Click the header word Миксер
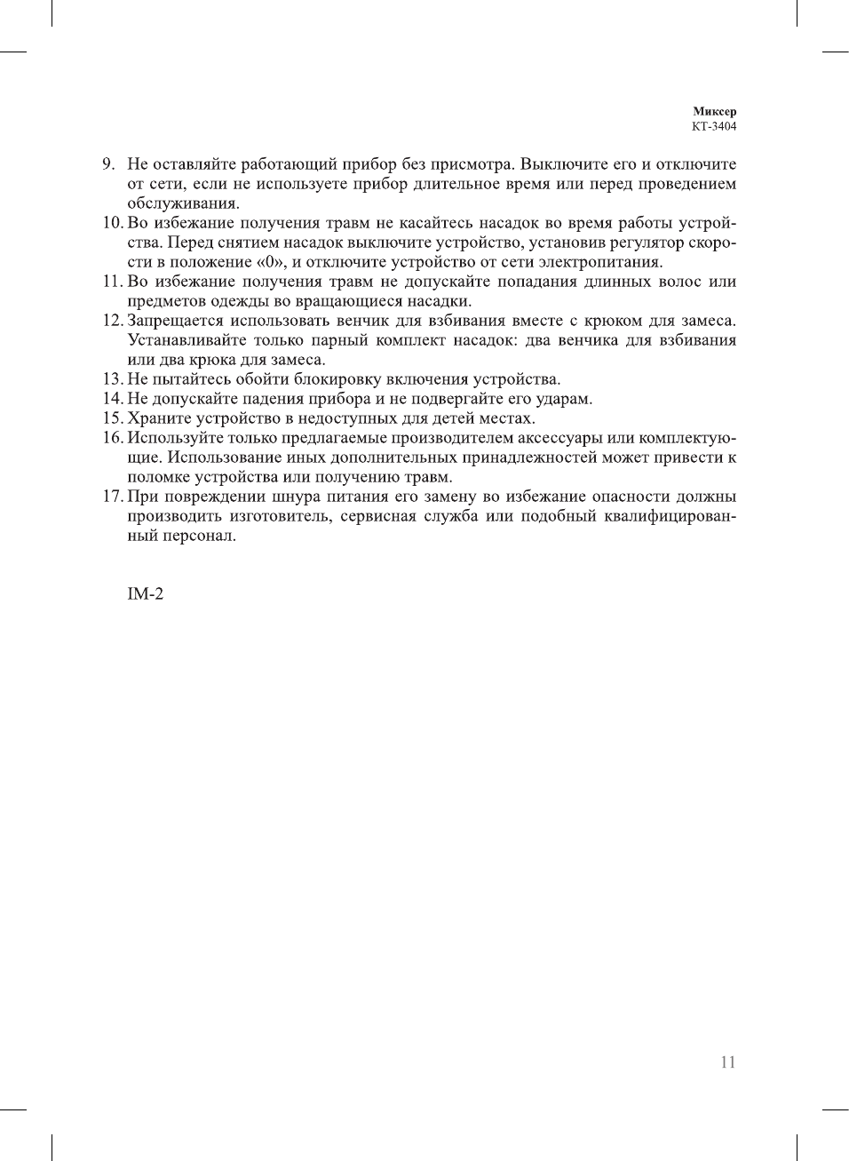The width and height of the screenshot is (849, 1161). (x=714, y=111)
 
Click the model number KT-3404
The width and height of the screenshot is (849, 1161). (x=714, y=126)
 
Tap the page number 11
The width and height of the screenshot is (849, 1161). (x=728, y=1062)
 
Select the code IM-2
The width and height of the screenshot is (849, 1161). (x=146, y=594)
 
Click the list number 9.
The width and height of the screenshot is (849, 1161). (x=108, y=164)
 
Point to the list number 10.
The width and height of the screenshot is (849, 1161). (x=112, y=223)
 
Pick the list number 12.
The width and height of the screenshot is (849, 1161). (x=112, y=321)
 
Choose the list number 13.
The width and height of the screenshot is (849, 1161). (x=112, y=379)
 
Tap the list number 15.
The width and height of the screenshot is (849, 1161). (x=112, y=418)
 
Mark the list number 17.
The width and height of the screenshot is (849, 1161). (x=112, y=497)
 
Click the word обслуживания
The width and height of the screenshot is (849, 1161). (x=183, y=203)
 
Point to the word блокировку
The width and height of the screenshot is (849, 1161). (x=337, y=379)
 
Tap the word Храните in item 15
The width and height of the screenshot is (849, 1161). (x=155, y=418)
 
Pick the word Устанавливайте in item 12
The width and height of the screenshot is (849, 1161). (x=186, y=340)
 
